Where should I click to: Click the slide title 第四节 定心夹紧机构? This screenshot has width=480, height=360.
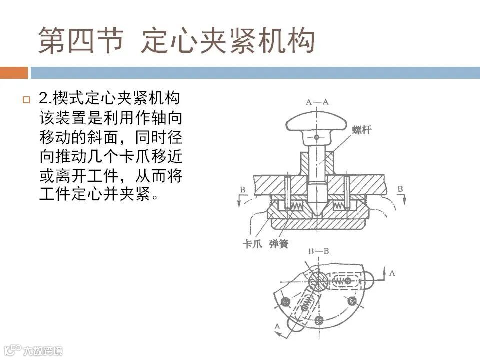click(176, 40)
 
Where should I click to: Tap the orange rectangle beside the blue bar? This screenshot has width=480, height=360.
click(14, 73)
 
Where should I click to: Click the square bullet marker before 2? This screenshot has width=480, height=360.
click(26, 100)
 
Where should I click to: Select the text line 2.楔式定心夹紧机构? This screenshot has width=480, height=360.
click(109, 98)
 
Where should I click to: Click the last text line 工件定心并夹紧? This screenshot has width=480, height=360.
click(98, 194)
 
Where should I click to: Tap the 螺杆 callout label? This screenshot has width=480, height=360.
click(362, 130)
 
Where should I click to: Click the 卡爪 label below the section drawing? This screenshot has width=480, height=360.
click(252, 244)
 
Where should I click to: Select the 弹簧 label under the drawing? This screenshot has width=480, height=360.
click(279, 244)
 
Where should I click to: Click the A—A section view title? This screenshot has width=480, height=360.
click(317, 102)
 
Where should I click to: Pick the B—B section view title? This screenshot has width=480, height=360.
click(318, 251)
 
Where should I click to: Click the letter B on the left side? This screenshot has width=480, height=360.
click(243, 190)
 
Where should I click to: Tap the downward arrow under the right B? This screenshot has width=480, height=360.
click(404, 199)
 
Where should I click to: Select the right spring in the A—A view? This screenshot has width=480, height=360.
click(339, 206)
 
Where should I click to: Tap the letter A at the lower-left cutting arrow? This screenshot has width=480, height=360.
click(277, 326)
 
